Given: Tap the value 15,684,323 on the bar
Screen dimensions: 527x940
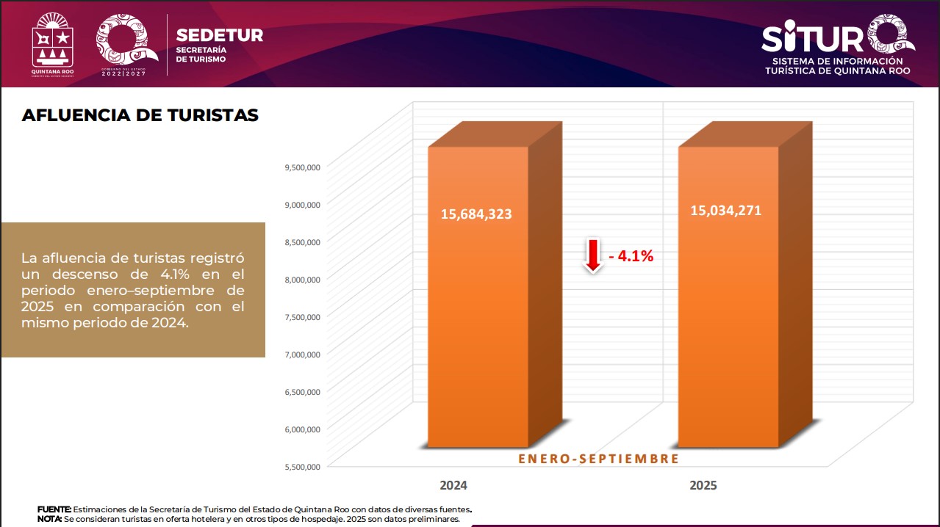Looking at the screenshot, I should tap(476, 214).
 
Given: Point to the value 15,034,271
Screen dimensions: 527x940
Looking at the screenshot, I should tap(725, 211).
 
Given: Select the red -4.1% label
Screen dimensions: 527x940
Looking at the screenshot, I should tap(631, 257).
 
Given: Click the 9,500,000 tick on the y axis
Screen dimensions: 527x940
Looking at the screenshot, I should tap(301, 167).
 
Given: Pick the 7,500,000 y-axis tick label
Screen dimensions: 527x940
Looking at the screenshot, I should tap(301, 317).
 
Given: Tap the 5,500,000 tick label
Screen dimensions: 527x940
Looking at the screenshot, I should tap(301, 466).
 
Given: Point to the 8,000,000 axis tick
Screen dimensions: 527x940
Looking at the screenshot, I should tap(301, 280).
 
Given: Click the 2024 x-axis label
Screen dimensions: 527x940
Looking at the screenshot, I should tap(453, 486).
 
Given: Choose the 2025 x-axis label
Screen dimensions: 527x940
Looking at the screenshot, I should tap(703, 486).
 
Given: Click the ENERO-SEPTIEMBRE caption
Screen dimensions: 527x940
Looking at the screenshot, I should tap(598, 459).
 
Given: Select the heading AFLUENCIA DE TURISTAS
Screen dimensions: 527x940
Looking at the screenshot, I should tap(140, 115).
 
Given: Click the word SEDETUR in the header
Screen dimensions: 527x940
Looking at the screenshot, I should tap(219, 35).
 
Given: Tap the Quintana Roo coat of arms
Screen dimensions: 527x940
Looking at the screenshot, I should tap(53, 43).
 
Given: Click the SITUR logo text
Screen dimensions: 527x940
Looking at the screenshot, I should tap(816, 37).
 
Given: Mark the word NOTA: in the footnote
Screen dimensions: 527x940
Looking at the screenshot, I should tap(50, 519).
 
